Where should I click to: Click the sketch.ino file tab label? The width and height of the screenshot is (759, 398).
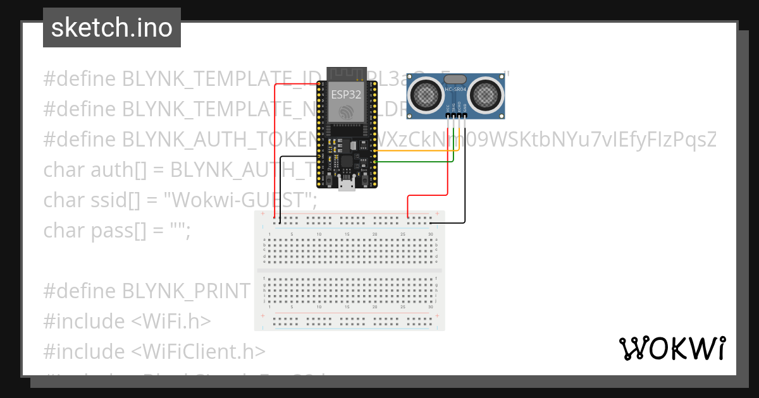click(x=112, y=28)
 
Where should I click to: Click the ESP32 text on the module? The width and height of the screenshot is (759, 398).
click(x=347, y=94)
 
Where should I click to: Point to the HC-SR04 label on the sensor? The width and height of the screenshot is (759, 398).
click(x=456, y=90)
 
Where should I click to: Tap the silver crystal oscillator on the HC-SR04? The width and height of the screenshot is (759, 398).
click(x=456, y=79)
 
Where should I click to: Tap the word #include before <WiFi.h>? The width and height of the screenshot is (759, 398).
click(x=84, y=321)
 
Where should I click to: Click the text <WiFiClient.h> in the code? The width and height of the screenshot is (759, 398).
click(x=199, y=351)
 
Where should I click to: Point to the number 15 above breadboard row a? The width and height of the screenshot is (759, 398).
click(x=347, y=235)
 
